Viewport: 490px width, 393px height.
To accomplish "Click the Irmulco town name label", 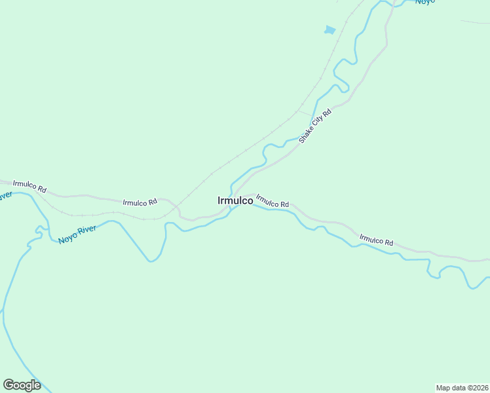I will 235,200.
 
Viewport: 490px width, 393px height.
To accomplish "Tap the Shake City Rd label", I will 316,126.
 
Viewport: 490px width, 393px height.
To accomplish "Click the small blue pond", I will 330,29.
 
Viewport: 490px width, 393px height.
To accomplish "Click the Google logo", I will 22,385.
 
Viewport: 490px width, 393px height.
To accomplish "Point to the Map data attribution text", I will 462,388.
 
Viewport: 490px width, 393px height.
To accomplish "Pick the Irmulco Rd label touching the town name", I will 273,201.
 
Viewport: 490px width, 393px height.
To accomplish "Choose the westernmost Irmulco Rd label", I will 29,185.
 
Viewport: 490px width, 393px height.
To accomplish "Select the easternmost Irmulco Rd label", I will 376,240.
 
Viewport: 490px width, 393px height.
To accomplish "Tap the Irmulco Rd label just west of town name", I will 140,202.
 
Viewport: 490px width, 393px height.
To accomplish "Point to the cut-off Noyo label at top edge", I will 424,3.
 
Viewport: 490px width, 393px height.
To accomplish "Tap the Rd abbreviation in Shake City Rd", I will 328,113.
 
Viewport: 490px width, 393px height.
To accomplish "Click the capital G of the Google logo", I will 9,385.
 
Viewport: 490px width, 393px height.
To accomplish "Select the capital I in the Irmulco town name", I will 219,200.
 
